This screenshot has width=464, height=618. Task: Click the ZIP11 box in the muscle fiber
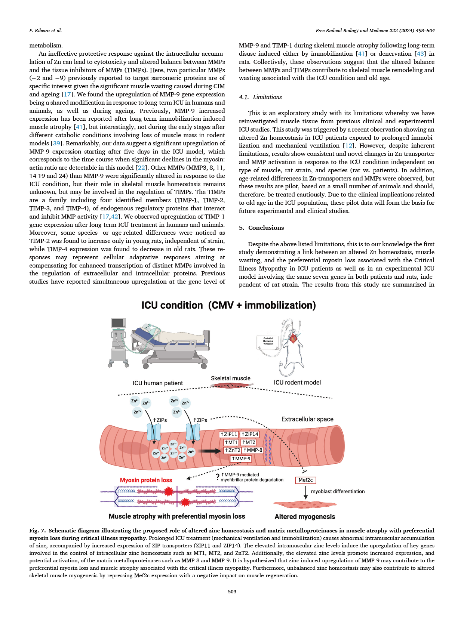(229, 434)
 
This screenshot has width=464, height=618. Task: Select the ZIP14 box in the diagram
(250, 434)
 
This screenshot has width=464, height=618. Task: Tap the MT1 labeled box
(231, 442)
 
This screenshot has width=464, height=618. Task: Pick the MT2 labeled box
(249, 442)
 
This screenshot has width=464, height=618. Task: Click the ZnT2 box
(233, 450)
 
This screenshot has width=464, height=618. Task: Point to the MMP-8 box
(253, 450)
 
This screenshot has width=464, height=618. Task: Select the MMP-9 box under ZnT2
(241, 458)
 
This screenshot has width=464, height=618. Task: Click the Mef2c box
(305, 480)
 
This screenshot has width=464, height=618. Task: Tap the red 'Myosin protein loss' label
(146, 480)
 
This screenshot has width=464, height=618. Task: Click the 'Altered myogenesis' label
(305, 517)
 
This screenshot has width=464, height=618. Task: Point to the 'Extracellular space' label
(307, 419)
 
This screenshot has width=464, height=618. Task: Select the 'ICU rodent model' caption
(297, 383)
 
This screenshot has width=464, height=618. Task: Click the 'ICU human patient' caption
(157, 383)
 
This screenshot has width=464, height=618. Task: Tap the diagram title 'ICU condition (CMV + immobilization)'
(228, 305)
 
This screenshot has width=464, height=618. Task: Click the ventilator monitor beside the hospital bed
(118, 323)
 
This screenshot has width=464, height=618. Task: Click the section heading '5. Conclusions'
(261, 228)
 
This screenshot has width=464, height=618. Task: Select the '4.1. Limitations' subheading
(260, 97)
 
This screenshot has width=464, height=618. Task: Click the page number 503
(232, 591)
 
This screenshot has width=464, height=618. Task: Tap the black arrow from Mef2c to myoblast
(306, 492)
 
